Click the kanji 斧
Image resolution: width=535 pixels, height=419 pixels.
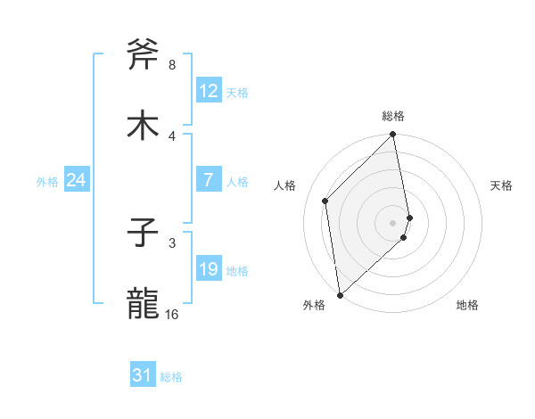pyautogui.click(x=143, y=56)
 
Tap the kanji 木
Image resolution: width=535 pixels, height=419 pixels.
pyautogui.click(x=143, y=126)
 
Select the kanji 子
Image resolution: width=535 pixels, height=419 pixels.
pyautogui.click(x=143, y=234)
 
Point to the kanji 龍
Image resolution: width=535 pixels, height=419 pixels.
pyautogui.click(x=143, y=304)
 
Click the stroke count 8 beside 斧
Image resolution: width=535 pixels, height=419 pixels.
pyautogui.click(x=171, y=65)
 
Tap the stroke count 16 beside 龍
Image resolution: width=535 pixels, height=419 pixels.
pyautogui.click(x=172, y=315)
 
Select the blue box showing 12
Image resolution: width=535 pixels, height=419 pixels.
pyautogui.click(x=209, y=91)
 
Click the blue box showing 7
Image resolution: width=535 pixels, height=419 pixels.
pyautogui.click(x=209, y=180)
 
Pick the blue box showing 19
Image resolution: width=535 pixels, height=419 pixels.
pyautogui.click(x=209, y=269)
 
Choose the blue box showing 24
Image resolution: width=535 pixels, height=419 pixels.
pyautogui.click(x=77, y=180)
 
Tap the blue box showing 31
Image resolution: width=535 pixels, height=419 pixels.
pyautogui.click(x=143, y=376)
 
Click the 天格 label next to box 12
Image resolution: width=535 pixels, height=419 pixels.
pyautogui.click(x=236, y=93)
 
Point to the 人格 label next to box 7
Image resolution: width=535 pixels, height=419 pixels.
pyautogui.click(x=236, y=182)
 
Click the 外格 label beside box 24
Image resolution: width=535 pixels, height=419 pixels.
pyautogui.click(x=47, y=182)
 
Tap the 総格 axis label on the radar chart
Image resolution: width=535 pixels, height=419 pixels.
pyautogui.click(x=393, y=116)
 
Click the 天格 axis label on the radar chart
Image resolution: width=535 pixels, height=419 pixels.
pyautogui.click(x=501, y=185)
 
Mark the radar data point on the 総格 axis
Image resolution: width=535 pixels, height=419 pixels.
pyautogui.click(x=393, y=136)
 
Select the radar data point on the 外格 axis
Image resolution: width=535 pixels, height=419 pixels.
pyautogui.click(x=339, y=294)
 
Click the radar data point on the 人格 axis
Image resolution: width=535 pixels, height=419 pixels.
pyautogui.click(x=325, y=201)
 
